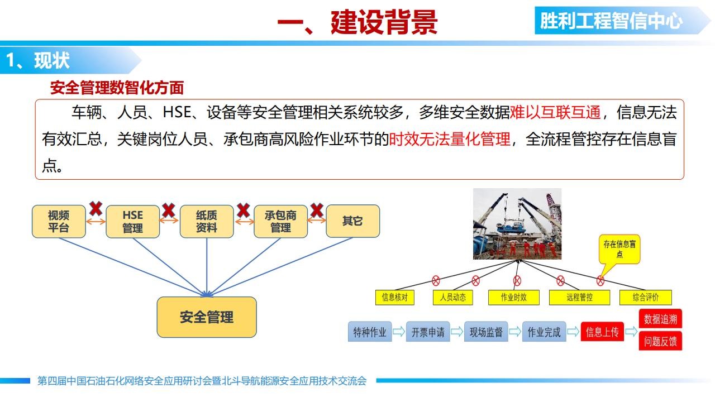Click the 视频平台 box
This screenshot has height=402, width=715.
(59, 222)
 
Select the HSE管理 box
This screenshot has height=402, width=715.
(133, 222)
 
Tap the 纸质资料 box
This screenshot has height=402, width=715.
(207, 222)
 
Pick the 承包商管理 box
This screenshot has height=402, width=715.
(280, 222)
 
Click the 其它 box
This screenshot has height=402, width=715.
(353, 221)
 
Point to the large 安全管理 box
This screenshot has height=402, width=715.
(207, 317)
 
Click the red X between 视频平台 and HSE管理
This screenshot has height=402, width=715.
(96, 209)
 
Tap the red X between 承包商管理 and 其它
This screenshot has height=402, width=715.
(317, 210)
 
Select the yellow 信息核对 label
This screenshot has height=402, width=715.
(395, 298)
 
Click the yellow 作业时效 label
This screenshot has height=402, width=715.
(514, 298)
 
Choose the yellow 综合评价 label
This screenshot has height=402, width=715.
(646, 298)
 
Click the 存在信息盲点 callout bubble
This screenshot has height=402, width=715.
(619, 250)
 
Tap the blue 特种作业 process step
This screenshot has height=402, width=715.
(370, 332)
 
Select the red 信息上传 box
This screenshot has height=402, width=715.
(602, 332)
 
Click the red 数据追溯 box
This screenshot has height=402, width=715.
(660, 318)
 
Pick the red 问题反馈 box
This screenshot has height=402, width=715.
(660, 341)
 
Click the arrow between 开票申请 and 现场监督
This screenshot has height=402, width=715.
(457, 332)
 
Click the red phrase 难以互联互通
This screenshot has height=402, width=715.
(555, 112)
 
